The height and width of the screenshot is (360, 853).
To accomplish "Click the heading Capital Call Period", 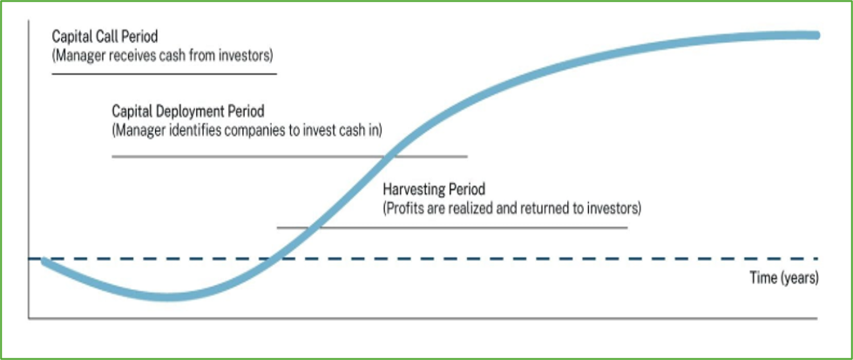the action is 105,37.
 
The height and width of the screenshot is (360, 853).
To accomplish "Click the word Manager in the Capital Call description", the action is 78,56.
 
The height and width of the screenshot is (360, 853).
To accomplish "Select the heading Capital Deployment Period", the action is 188,112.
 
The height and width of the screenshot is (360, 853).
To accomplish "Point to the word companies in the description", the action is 258,131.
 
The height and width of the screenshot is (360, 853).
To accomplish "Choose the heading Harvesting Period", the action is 434,190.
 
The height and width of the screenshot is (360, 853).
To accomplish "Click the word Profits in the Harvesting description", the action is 404,209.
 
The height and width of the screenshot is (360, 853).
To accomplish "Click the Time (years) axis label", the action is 784,278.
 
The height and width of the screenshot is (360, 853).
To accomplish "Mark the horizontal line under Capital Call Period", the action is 164,73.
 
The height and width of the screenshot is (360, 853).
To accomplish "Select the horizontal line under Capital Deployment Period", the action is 289,157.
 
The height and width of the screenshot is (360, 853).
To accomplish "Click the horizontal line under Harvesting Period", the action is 452,228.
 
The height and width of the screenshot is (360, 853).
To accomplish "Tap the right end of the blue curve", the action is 816,36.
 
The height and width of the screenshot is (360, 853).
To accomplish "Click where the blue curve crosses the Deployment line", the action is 389,157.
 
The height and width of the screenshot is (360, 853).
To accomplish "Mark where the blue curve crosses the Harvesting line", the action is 315,228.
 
